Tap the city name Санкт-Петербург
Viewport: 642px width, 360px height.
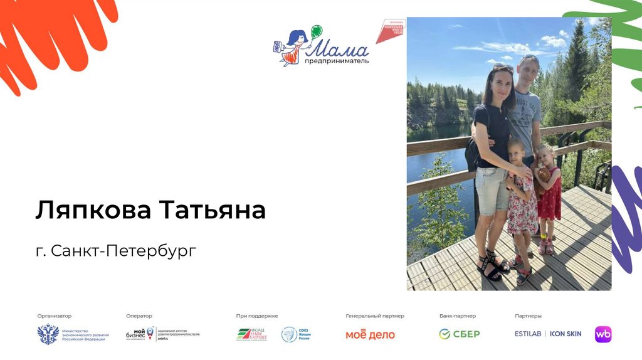[x=124, y=251]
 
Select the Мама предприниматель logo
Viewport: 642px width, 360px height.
[x=321, y=46]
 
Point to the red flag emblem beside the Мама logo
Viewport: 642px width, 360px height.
[x=390, y=30]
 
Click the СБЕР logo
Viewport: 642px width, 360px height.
[x=459, y=334]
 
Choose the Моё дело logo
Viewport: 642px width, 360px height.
[x=370, y=334]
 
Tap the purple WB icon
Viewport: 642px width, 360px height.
[x=603, y=334]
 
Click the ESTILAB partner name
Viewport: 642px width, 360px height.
[x=529, y=334]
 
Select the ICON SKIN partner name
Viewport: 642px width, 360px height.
[x=566, y=334]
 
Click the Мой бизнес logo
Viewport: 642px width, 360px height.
[x=140, y=334]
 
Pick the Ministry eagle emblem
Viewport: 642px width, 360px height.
[x=48, y=334]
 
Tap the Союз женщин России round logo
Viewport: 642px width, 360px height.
[x=289, y=334]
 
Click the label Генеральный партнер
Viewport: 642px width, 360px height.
[x=374, y=316]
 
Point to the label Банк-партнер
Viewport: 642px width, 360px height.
[x=457, y=316]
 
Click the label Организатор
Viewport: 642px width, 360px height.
[x=55, y=316]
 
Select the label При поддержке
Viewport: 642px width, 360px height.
[x=257, y=316]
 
